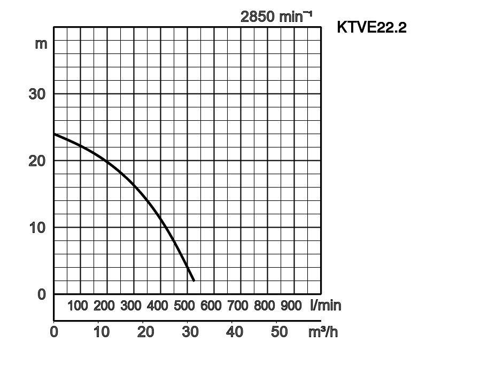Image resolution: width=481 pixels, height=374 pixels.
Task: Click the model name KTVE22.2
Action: (x=371, y=27)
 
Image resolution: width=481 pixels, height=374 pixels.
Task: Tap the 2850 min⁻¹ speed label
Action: (x=276, y=17)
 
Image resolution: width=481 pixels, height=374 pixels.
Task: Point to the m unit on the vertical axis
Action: (x=41, y=43)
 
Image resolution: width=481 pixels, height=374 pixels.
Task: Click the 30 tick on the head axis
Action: (x=37, y=93)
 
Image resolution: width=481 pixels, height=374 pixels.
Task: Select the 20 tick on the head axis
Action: (x=37, y=160)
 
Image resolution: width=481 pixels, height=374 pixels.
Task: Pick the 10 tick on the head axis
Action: (x=37, y=227)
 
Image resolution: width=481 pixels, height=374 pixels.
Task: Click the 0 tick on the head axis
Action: (x=42, y=294)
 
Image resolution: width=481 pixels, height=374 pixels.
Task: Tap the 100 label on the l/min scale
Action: (x=77, y=306)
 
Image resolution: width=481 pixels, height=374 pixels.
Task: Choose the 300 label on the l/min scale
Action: (x=131, y=306)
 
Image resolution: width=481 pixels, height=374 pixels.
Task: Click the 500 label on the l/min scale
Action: (x=184, y=306)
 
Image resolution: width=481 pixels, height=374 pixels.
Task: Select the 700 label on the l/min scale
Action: (x=238, y=306)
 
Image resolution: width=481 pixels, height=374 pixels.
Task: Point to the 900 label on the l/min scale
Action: (x=291, y=306)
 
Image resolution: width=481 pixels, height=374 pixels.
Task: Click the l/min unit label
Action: (x=325, y=306)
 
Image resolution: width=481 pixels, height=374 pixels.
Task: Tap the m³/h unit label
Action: (x=323, y=332)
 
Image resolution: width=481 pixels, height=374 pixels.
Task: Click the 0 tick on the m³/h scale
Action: (x=54, y=332)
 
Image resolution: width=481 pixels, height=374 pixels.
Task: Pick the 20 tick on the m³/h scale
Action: (x=145, y=332)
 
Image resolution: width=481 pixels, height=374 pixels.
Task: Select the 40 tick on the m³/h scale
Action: (x=235, y=332)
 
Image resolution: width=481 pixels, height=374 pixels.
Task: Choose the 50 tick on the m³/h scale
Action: (x=279, y=332)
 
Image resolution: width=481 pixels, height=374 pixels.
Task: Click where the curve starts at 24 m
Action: (x=55, y=134)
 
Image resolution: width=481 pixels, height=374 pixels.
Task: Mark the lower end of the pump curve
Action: (x=193, y=280)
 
